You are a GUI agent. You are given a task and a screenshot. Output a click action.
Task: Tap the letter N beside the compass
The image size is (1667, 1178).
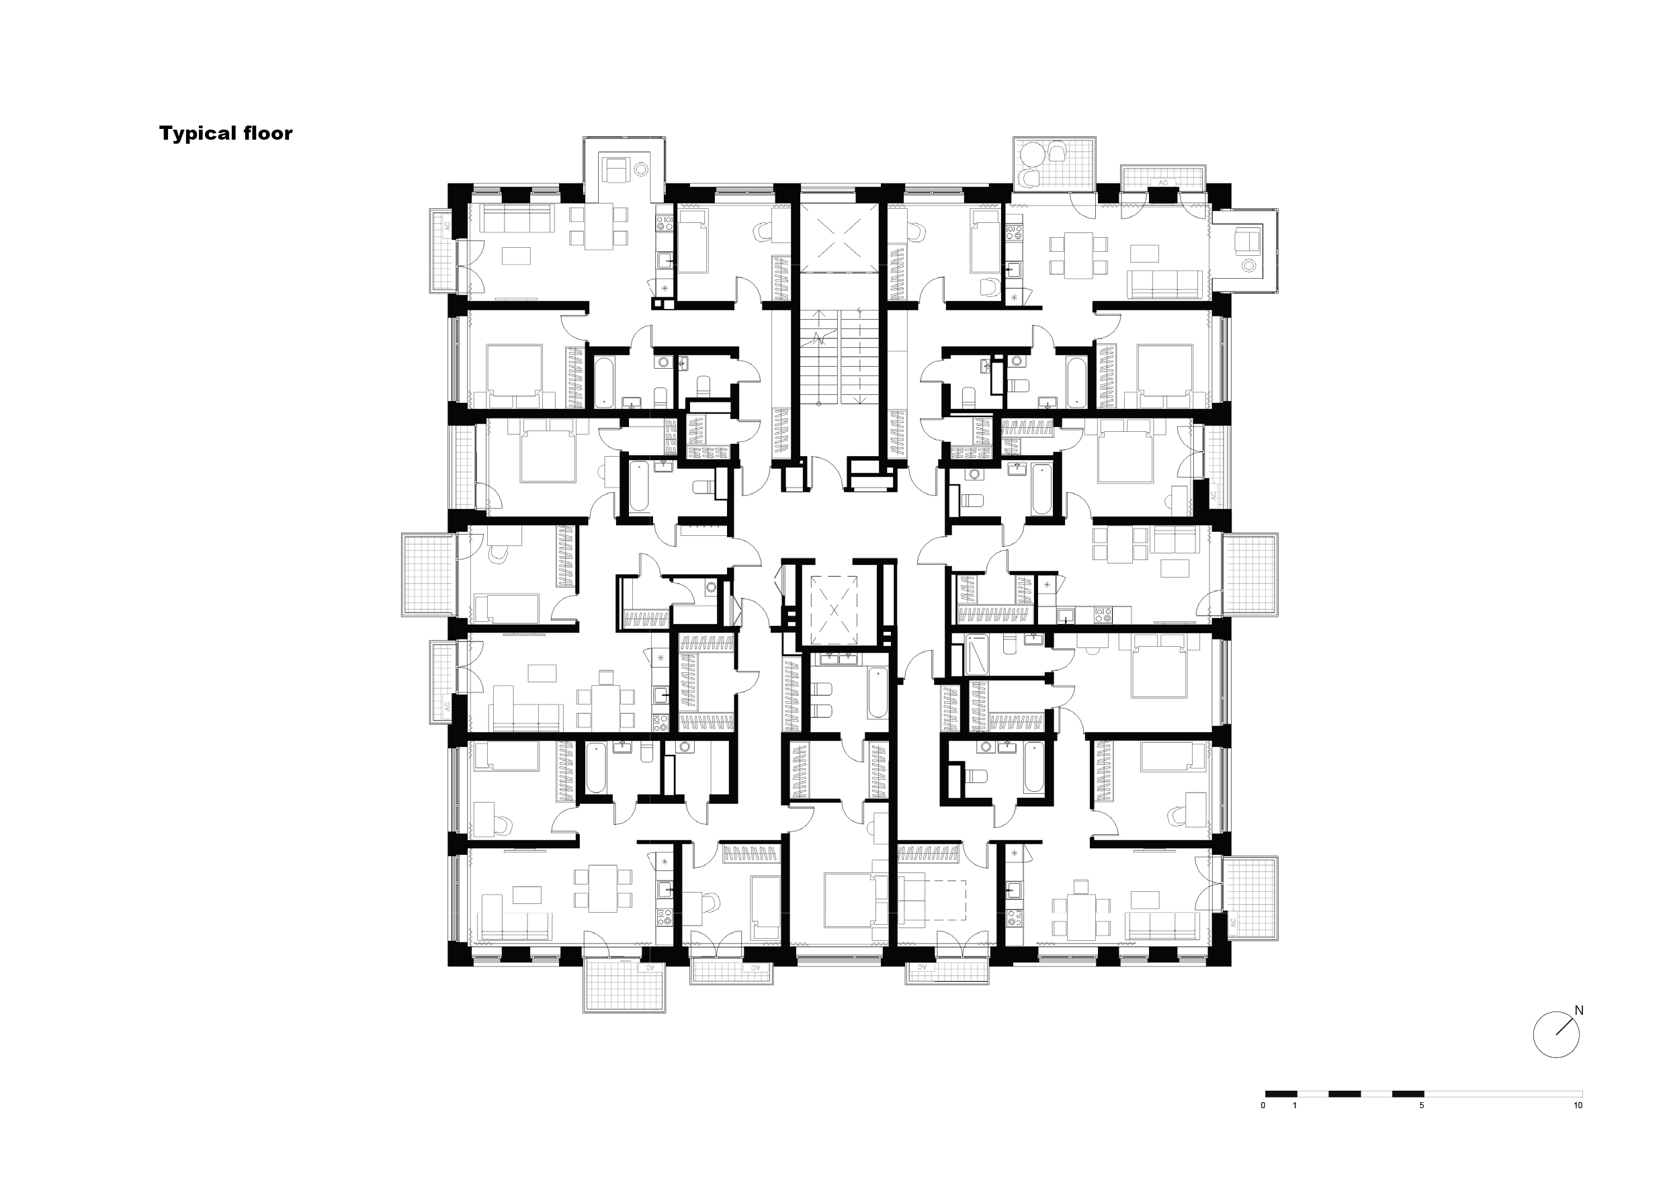(x=1578, y=1010)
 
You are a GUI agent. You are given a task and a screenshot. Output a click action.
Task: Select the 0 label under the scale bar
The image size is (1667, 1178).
(x=1263, y=1105)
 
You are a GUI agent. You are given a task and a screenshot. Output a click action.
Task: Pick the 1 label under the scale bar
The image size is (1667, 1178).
(x=1295, y=1105)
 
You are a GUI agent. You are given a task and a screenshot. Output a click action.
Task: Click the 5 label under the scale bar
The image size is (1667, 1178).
(x=1422, y=1105)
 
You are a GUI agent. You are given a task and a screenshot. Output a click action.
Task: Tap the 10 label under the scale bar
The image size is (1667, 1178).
(x=1578, y=1105)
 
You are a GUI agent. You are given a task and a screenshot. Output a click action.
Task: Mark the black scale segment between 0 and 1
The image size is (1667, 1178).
(x=1281, y=1093)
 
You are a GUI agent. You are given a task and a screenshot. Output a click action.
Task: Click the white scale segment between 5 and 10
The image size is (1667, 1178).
(x=1503, y=1093)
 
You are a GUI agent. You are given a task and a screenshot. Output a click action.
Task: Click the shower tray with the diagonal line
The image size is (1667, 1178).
(x=977, y=653)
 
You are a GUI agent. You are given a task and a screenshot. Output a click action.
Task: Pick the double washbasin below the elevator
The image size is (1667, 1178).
(x=839, y=658)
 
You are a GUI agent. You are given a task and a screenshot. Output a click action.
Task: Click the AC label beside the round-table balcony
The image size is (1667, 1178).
(x=1162, y=183)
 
